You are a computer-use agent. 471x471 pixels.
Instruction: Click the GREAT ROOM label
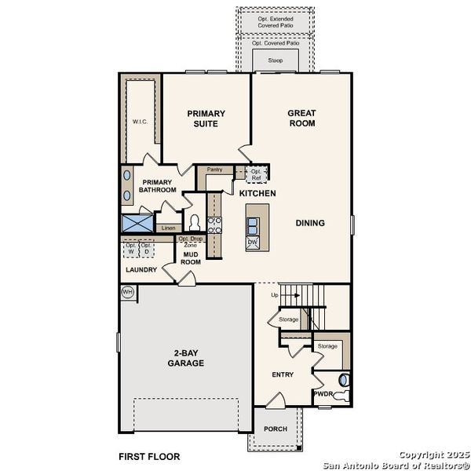(x=301, y=118)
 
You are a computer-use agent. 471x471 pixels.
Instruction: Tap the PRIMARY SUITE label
(x=206, y=119)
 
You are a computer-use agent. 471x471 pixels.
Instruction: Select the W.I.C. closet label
(x=141, y=122)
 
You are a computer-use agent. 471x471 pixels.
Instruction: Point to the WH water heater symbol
(x=128, y=292)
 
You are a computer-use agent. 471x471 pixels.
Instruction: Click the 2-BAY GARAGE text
(x=185, y=358)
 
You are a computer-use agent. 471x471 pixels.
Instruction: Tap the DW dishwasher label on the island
(x=252, y=243)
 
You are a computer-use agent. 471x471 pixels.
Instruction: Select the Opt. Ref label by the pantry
(x=256, y=174)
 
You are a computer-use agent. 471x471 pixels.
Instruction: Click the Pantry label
(x=214, y=169)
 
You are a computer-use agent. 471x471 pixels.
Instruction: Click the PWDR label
(x=323, y=394)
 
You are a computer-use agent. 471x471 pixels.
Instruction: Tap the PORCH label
(x=275, y=429)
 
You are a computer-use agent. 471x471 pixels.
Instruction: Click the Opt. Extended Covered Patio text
(x=276, y=21)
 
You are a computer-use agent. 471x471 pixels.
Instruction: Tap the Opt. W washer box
(x=131, y=249)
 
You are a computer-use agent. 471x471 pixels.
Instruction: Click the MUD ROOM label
(x=191, y=257)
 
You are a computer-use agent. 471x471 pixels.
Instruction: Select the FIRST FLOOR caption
(x=149, y=456)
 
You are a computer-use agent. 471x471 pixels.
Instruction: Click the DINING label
(x=310, y=223)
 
